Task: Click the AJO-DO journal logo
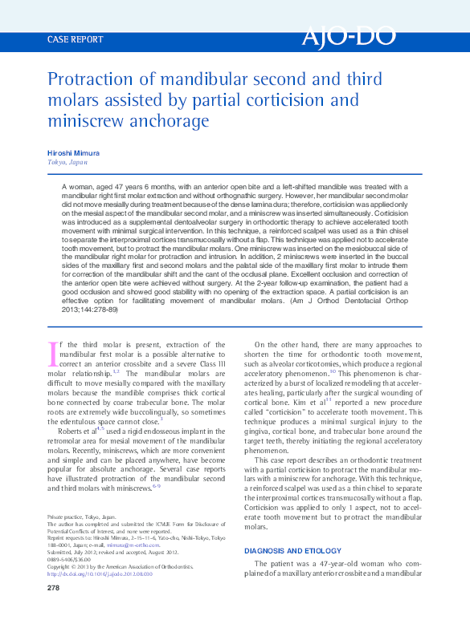coord(359,37)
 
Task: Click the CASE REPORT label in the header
coord(76,38)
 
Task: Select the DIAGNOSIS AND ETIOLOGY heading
coord(295,551)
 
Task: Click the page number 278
coord(55,589)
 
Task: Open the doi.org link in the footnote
coord(100,573)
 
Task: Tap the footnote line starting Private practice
coord(81,518)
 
